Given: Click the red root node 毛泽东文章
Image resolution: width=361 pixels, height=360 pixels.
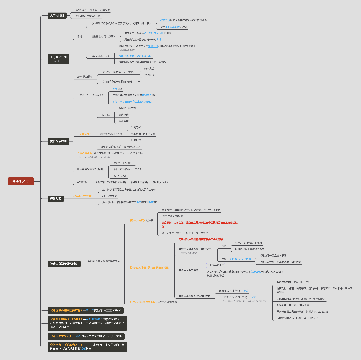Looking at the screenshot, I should tap(20, 181).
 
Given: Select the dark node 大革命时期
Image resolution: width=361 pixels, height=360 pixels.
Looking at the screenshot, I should tap(57, 15).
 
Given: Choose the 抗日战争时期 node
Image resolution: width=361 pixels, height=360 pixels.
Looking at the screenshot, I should tap(58, 141).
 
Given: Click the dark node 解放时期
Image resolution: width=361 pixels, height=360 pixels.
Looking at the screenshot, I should tap(55, 198).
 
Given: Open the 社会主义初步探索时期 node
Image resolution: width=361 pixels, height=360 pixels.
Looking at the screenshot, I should tap(64, 264).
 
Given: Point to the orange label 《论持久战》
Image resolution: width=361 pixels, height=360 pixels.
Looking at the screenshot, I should tap(84, 134).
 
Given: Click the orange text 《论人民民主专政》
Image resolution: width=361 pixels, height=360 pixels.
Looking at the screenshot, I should tap(83, 196).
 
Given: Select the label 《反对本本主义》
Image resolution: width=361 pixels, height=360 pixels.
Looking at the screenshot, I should tap(100, 56).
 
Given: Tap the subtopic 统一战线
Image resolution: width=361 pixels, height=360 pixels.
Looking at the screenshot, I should tap(149, 69).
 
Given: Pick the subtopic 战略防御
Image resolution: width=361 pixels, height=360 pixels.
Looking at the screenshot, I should tap(136, 127).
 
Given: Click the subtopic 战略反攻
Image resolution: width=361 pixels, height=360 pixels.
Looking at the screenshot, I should tap(136, 140).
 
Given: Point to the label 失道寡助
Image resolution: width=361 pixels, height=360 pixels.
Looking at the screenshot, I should tap(123, 115).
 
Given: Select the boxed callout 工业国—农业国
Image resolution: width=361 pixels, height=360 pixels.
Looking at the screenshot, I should tap(215, 265).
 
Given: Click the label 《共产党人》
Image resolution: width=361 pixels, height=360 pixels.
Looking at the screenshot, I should tap(120, 176).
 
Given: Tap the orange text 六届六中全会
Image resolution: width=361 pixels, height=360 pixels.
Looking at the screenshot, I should tap(85, 153).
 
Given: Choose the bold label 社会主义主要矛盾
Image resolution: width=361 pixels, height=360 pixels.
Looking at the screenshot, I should tap(188, 270).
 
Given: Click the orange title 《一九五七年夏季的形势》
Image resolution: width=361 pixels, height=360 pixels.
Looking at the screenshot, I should tap(143, 302).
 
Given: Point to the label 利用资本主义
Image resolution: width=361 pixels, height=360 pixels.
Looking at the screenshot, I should tap(110, 196).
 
